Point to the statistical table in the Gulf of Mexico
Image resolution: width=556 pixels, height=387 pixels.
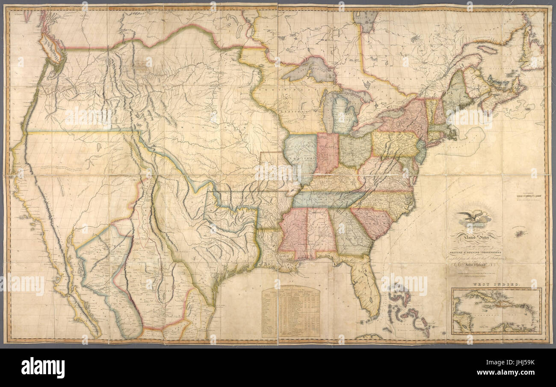[291, 312]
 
